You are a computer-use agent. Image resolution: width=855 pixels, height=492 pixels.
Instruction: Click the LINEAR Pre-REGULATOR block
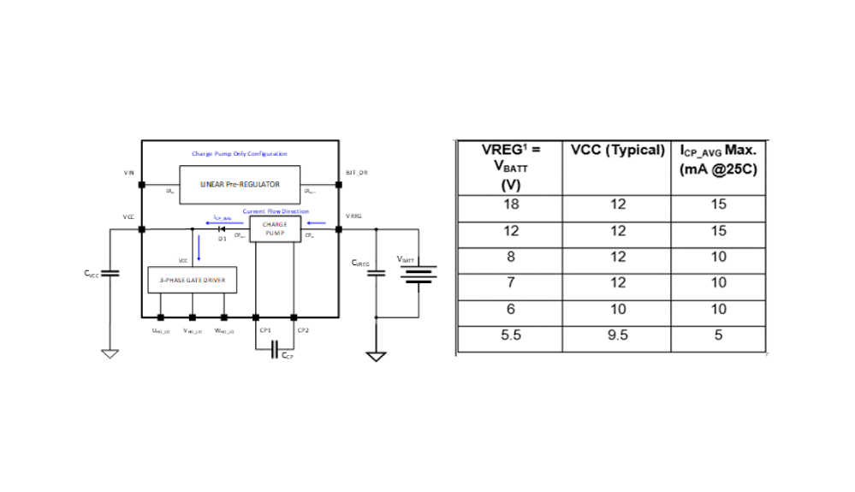point(240,184)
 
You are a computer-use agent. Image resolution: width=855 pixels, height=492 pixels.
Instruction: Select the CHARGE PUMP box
point(275,229)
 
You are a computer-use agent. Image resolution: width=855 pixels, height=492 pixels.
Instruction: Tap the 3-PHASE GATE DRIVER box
point(192,280)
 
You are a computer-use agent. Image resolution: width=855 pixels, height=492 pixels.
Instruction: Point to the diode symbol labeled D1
point(222,229)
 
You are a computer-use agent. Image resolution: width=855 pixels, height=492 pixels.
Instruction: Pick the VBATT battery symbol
point(419,274)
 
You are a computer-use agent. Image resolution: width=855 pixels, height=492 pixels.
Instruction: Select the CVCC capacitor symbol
point(110,273)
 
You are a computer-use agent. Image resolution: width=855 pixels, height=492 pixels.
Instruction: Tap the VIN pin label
point(128,172)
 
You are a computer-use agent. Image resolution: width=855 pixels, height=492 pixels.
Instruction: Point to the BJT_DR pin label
point(356,172)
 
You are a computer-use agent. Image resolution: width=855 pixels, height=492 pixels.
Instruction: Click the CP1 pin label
point(264,329)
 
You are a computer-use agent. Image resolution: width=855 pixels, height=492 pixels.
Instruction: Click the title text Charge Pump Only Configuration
point(239,154)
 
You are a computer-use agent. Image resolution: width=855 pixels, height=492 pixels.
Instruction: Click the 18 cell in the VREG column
point(510,205)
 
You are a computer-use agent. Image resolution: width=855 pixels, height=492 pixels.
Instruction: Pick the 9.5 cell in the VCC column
point(616,335)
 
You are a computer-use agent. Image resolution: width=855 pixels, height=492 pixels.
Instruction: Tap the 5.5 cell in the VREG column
point(510,335)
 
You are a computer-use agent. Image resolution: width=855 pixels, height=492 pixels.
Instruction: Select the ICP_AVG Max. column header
point(720,159)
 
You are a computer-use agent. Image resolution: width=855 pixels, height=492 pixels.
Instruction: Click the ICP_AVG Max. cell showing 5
point(720,335)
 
